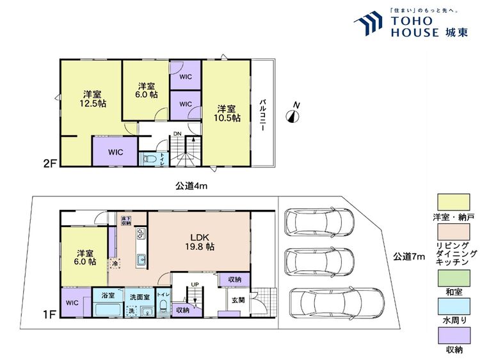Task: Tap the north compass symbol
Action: [293, 114]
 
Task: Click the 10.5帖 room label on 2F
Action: [227, 113]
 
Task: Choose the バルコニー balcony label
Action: [263, 116]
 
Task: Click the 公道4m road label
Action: [192, 186]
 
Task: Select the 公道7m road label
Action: [408, 257]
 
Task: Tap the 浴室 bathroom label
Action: [108, 297]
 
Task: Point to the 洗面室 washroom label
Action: [139, 297]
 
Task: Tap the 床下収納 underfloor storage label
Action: [126, 221]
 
